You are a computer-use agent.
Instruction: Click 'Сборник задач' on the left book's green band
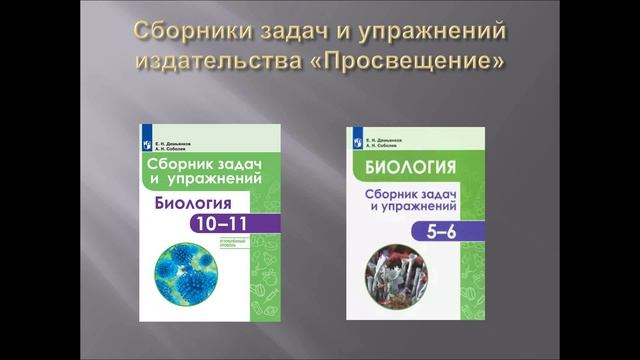[206, 165]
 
